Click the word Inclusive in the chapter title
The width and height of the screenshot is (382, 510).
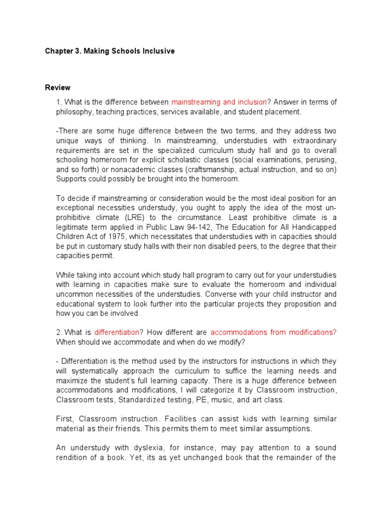pyautogui.click(x=157, y=51)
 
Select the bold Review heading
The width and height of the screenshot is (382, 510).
pyautogui.click(x=58, y=88)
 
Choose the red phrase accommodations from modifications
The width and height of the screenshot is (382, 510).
pyautogui.click(x=274, y=332)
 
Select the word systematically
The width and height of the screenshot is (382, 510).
pyautogui.click(x=98, y=371)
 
